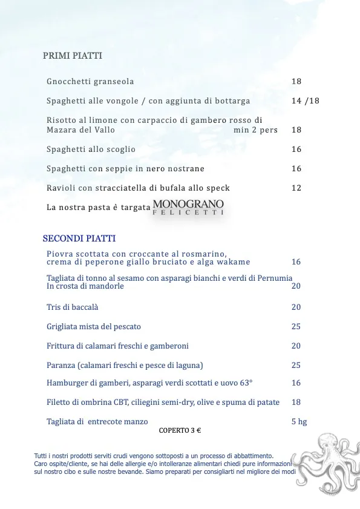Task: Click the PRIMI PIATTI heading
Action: pos(73,56)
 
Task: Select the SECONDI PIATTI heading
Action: pos(79,238)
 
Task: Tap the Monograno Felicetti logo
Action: pos(188,207)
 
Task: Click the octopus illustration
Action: pos(325,463)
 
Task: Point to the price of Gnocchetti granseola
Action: pos(296,82)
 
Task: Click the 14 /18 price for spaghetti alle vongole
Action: pos(305,101)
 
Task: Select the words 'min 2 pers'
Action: pos(255,130)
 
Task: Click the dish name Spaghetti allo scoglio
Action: pos(91,149)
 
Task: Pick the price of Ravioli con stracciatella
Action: pos(296,188)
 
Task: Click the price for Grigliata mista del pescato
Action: pos(296,327)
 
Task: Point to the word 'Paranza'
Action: pos(61,366)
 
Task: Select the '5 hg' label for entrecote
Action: pos(299,422)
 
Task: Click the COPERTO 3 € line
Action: pos(180,431)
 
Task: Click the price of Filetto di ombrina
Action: pos(296,402)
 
